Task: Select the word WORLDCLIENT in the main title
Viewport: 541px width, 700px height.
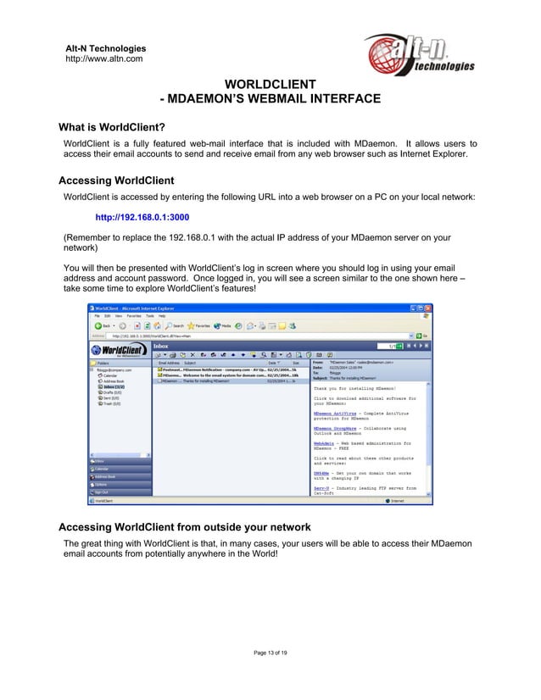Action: (270, 84)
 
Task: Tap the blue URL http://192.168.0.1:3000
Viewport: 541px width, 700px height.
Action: (142, 215)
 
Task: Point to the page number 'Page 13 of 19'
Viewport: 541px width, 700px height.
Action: (270, 652)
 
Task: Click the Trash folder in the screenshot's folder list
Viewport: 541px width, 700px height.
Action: (111, 404)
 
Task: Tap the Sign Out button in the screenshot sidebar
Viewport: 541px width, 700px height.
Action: (102, 492)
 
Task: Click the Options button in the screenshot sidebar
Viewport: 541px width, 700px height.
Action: (101, 484)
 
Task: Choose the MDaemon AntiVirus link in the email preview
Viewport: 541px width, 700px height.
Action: (332, 413)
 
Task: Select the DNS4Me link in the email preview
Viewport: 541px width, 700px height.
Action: (321, 472)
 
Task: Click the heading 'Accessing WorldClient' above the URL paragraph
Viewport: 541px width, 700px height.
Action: (115, 181)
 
